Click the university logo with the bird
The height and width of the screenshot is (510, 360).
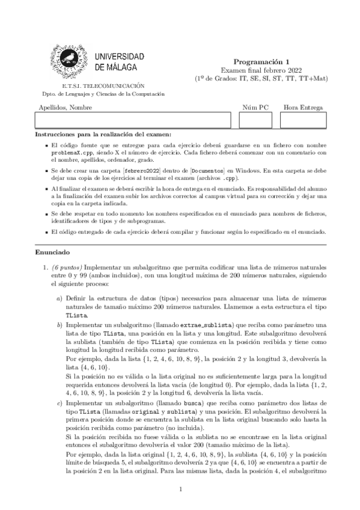click(x=76, y=60)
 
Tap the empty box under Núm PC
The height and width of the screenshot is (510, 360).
click(x=255, y=120)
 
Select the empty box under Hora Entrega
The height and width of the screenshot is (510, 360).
click(x=303, y=120)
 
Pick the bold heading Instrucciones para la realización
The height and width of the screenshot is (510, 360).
click(x=103, y=134)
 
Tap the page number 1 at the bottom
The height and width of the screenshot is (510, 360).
click(x=180, y=490)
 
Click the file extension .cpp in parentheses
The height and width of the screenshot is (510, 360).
click(x=228, y=179)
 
